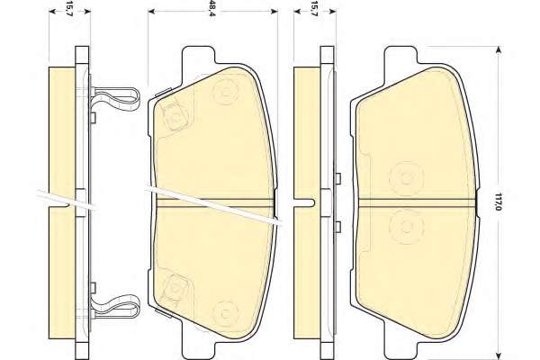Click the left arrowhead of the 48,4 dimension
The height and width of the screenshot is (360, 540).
coord(152,12)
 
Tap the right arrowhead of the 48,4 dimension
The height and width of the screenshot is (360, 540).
coord(274,12)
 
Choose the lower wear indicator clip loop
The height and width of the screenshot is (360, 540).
coord(116,307)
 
